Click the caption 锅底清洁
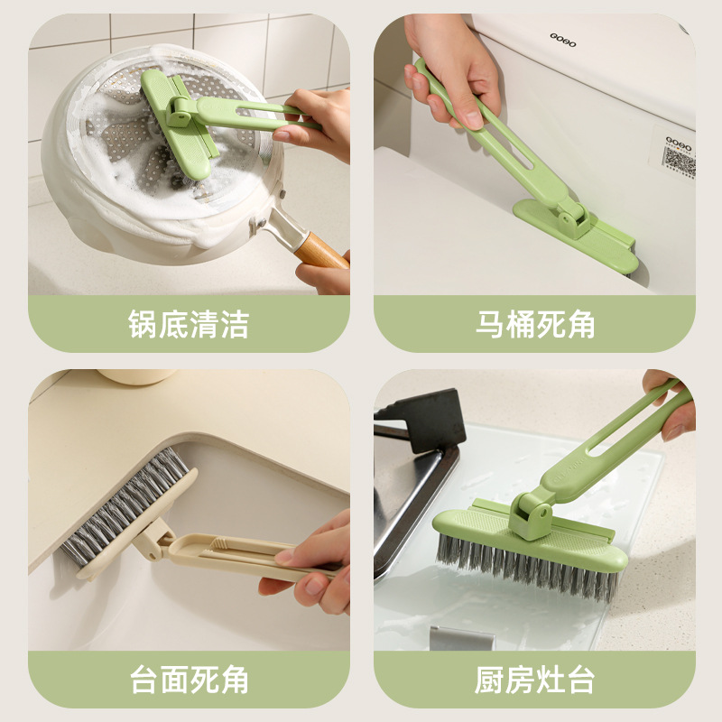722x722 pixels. [x=189, y=324]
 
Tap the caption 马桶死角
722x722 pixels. [x=535, y=324]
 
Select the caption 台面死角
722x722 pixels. [x=190, y=680]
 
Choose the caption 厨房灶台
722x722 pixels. [x=534, y=680]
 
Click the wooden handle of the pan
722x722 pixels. [x=321, y=251]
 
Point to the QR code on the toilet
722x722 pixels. [x=679, y=162]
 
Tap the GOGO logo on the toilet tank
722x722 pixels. [x=562, y=40]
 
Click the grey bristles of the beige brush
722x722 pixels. [x=125, y=506]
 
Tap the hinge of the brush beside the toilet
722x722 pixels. [x=573, y=218]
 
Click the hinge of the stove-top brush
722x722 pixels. [x=531, y=515]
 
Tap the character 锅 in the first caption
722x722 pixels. [x=143, y=324]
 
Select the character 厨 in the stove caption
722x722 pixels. [x=489, y=680]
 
